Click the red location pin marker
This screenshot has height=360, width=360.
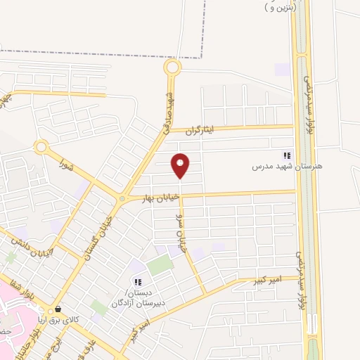pyautogui.click(x=181, y=165)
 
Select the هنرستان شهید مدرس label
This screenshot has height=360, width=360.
pyautogui.click(x=287, y=167)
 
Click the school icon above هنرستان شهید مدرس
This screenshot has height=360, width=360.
pyautogui.click(x=286, y=155)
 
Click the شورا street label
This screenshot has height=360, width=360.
pyautogui.click(x=67, y=166)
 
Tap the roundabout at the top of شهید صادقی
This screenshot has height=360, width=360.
pyautogui.click(x=172, y=67)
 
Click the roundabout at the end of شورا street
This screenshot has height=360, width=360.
pyautogui.click(x=41, y=148)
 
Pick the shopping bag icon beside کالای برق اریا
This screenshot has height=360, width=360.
pyautogui.click(x=58, y=308)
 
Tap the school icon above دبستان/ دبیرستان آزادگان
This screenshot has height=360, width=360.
pyautogui.click(x=138, y=282)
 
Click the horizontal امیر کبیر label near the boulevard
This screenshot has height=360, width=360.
pyautogui.click(x=266, y=281)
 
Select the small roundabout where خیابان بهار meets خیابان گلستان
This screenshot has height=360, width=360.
pyautogui.click(x=122, y=199)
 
